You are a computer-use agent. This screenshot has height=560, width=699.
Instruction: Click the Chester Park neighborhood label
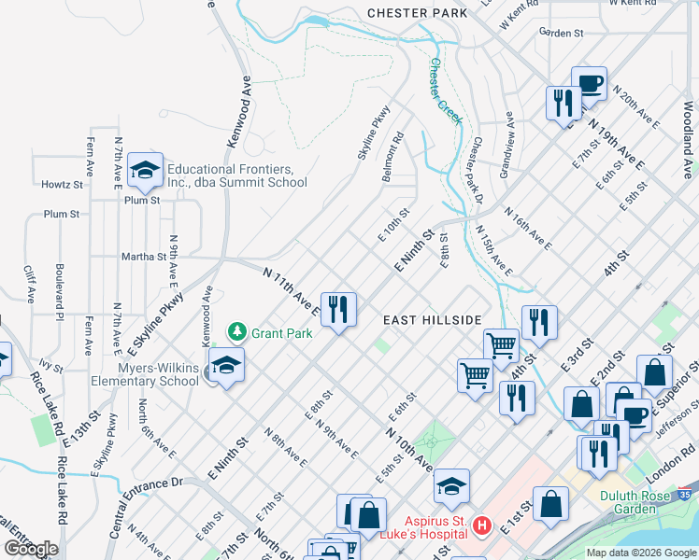417,13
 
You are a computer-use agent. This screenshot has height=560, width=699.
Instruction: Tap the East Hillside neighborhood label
433,319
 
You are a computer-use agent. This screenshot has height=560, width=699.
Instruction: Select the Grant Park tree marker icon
238,331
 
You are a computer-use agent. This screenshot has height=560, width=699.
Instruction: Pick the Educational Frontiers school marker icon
145,170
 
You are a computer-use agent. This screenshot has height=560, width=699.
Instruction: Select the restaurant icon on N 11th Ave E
338,308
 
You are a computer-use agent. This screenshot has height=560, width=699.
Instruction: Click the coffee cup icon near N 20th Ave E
588,83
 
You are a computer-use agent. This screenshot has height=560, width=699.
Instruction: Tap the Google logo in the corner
32,549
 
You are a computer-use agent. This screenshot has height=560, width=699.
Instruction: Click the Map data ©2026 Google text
640,553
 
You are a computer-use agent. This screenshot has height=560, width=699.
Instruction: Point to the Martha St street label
142,256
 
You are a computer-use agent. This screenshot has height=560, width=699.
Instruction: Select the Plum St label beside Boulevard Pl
62,214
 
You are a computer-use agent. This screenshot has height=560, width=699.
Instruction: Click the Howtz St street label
62,184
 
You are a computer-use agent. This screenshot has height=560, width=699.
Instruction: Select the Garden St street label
562,33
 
